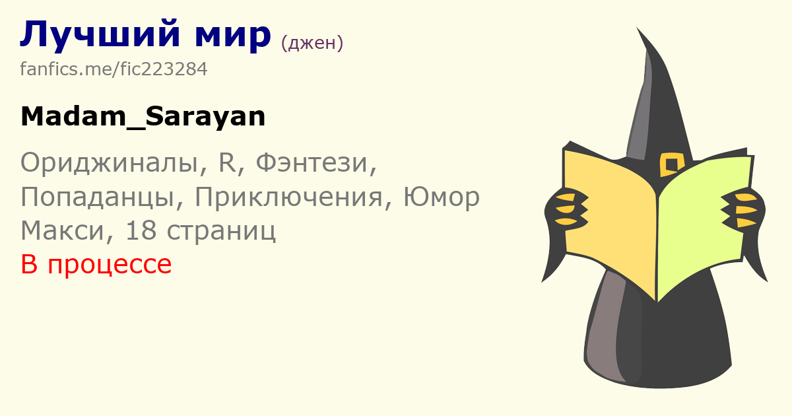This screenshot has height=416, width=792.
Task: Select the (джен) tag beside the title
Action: pos(312,43)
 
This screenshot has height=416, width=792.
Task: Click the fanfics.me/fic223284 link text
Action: pos(114,69)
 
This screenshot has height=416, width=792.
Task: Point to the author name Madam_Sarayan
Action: pos(143,117)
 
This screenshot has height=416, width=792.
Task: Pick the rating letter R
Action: pos(227,162)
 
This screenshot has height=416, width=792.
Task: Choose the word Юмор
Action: pos(442,197)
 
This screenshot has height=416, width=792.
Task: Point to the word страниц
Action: pos(221,232)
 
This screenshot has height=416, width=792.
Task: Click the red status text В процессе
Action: pos(96,264)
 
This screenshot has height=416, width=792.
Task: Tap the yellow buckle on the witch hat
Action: pos(671,164)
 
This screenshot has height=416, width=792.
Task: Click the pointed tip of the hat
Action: pos(637,28)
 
